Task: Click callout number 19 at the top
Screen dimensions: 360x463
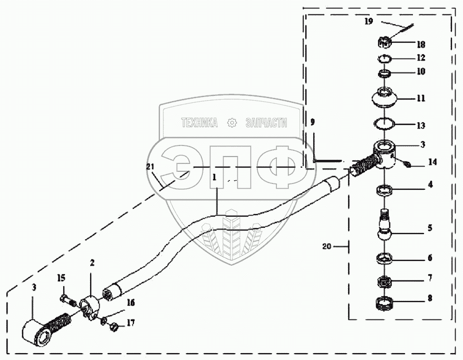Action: [x=369, y=22]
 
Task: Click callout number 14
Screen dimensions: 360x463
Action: [x=433, y=162]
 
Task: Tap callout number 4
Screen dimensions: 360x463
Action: [x=430, y=185]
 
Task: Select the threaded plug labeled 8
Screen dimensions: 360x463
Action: [x=386, y=304]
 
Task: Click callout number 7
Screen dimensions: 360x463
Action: [x=430, y=277]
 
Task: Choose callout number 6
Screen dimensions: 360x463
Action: [x=430, y=258]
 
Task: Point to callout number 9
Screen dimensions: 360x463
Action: [x=312, y=122]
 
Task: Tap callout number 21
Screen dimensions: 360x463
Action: [x=151, y=167]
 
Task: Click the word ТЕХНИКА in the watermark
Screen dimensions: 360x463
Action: [x=199, y=123]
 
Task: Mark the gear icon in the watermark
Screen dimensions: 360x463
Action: [x=230, y=123]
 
